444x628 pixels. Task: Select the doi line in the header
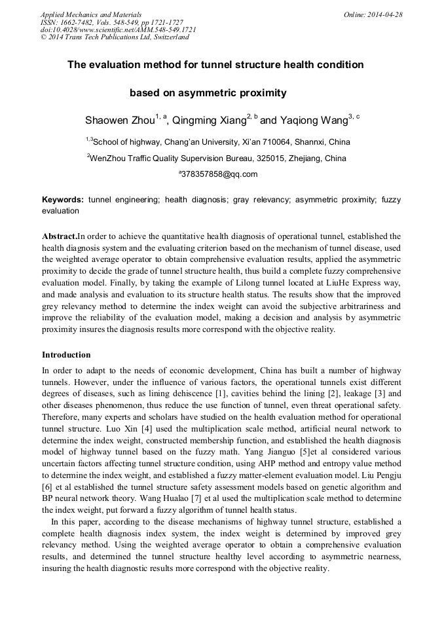(x=118, y=30)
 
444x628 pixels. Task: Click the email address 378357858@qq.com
(x=219, y=174)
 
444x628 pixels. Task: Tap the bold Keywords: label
(x=63, y=199)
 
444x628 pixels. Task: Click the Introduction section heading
(x=66, y=355)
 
